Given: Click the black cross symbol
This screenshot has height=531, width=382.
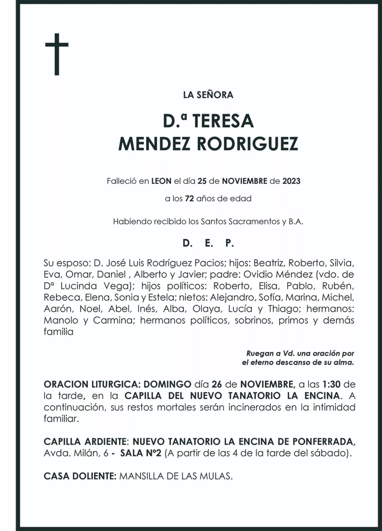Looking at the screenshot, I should click(x=57, y=54).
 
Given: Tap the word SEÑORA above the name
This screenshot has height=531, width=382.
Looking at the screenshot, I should click(x=215, y=95).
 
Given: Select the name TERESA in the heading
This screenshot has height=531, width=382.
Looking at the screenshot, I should click(x=223, y=121).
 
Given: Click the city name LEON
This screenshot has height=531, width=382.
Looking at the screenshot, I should click(x=161, y=181).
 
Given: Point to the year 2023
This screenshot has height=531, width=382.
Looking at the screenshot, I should click(x=291, y=181).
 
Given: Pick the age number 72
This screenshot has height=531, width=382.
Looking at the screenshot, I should click(x=189, y=199).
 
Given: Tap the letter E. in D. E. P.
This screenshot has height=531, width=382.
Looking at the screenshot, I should click(x=209, y=243).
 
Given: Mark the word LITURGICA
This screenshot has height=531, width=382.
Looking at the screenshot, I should click(x=115, y=384).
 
